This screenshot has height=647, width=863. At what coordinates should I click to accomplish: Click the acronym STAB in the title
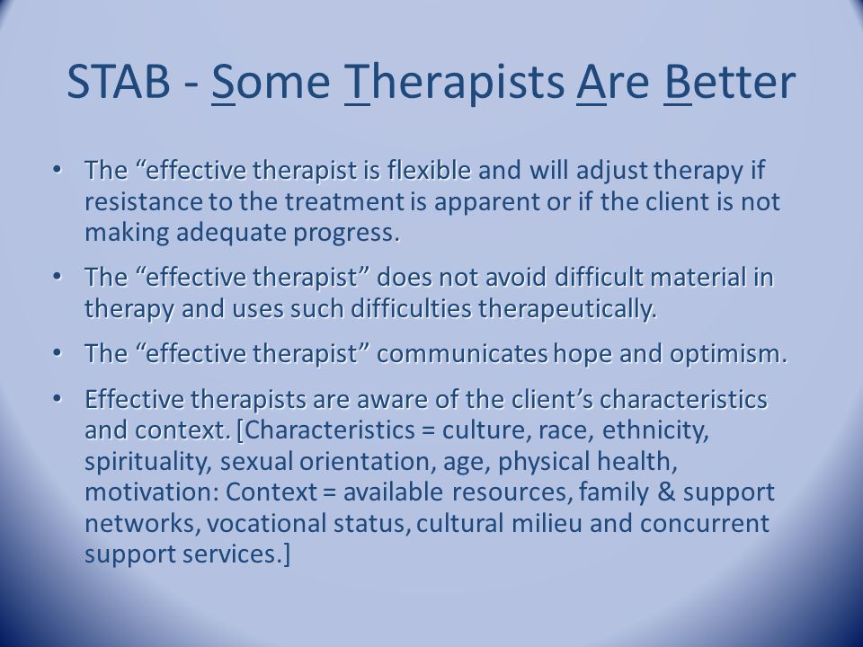pyautogui.click(x=119, y=81)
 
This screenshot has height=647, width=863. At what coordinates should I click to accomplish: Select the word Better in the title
pyautogui.click(x=730, y=81)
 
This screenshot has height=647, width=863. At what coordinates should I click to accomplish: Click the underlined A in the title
pyautogui.click(x=592, y=82)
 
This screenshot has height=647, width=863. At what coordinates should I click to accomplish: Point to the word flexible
pyautogui.click(x=429, y=170)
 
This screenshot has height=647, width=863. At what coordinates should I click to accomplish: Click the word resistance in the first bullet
pyautogui.click(x=143, y=201)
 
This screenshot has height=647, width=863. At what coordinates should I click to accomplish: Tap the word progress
pyautogui.click(x=345, y=234)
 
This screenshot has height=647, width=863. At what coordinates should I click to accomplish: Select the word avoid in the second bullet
pyautogui.click(x=516, y=277)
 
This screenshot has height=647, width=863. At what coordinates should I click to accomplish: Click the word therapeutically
pyautogui.click(x=567, y=309)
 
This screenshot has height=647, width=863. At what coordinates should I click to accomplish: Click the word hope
pyautogui.click(x=583, y=355)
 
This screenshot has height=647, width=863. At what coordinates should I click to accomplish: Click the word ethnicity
pyautogui.click(x=655, y=430)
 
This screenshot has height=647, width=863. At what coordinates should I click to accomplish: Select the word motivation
pyautogui.click(x=152, y=492)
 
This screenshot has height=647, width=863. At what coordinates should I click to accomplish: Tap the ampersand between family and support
pyautogui.click(x=666, y=492)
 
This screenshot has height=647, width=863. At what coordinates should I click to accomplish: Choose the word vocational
pyautogui.click(x=267, y=523)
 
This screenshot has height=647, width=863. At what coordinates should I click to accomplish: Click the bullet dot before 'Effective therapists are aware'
pyautogui.click(x=57, y=398)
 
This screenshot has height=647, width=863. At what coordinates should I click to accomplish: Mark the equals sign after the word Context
pyautogui.click(x=329, y=493)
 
